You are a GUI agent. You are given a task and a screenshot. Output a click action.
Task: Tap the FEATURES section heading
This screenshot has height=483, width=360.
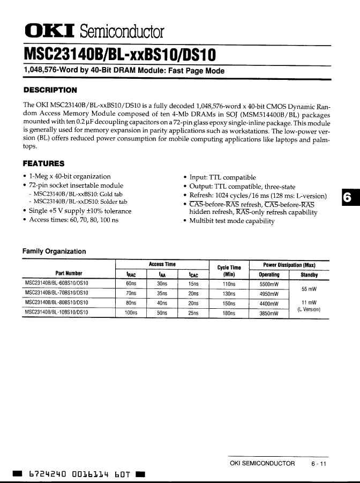pyautogui.click(x=43, y=164)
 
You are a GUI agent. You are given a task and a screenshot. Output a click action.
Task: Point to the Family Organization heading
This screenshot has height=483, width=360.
pyautogui.click(x=54, y=251)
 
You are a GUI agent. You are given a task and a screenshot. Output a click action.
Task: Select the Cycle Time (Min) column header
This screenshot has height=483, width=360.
pyautogui.click(x=229, y=271)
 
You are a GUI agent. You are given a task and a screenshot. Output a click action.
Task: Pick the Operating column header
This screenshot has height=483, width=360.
pyautogui.click(x=269, y=274)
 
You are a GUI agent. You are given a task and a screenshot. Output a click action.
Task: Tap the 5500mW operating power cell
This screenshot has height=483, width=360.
pyautogui.click(x=269, y=284)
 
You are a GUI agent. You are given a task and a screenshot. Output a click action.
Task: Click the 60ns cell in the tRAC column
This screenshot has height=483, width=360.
pyautogui.click(x=131, y=284)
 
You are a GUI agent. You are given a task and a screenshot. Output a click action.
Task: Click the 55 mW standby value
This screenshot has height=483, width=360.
pyautogui.click(x=309, y=289)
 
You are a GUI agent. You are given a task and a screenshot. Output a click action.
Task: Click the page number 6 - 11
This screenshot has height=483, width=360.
pyautogui.click(x=318, y=463)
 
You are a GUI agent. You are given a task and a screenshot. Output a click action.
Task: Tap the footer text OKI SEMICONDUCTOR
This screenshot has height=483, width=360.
pyautogui.click(x=262, y=463)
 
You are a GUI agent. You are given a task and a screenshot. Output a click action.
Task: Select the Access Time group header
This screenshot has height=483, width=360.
pyautogui.click(x=162, y=264)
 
